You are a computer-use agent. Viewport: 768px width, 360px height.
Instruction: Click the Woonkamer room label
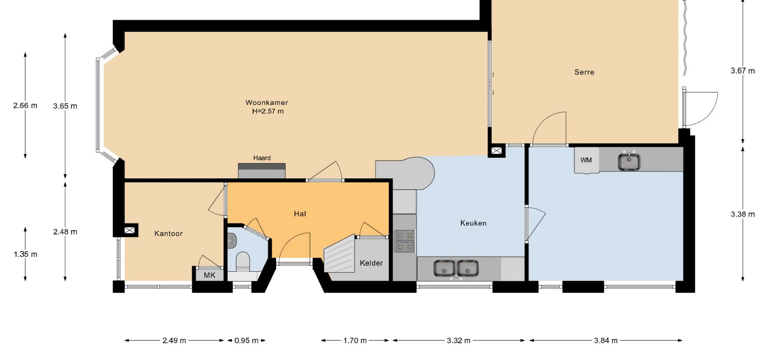click(x=267, y=102)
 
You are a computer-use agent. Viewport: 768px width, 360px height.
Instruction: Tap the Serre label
click(x=584, y=72)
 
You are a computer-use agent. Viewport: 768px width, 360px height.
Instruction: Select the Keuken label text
click(x=473, y=223)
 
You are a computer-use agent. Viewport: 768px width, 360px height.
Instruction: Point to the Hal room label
click(x=300, y=214)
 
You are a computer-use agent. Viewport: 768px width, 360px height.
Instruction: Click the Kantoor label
click(x=168, y=233)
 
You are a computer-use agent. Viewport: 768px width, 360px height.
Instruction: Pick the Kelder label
click(x=371, y=263)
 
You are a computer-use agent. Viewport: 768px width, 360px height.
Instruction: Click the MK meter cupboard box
click(x=210, y=275)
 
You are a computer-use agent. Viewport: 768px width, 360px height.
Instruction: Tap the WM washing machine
click(x=587, y=160)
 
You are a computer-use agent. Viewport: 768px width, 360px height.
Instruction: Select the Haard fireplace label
click(x=262, y=158)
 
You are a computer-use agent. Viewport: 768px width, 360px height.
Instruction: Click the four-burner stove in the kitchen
click(x=405, y=241)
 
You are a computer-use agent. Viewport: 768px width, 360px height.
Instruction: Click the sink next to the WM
click(x=629, y=161)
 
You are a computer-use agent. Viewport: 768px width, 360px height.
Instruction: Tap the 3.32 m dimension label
click(x=458, y=340)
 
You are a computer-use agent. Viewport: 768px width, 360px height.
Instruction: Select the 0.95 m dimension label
click(x=246, y=340)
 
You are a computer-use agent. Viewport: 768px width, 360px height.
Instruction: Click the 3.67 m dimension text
click(x=743, y=71)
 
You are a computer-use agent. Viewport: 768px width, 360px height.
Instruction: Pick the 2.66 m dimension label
click(x=25, y=106)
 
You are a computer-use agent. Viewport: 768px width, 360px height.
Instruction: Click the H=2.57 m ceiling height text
click(x=268, y=111)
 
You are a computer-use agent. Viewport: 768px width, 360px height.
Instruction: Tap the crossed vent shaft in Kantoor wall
click(x=130, y=230)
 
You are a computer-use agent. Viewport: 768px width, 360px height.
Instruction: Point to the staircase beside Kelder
click(x=340, y=254)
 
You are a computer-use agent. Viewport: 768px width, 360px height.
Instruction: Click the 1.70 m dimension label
click(x=355, y=340)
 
